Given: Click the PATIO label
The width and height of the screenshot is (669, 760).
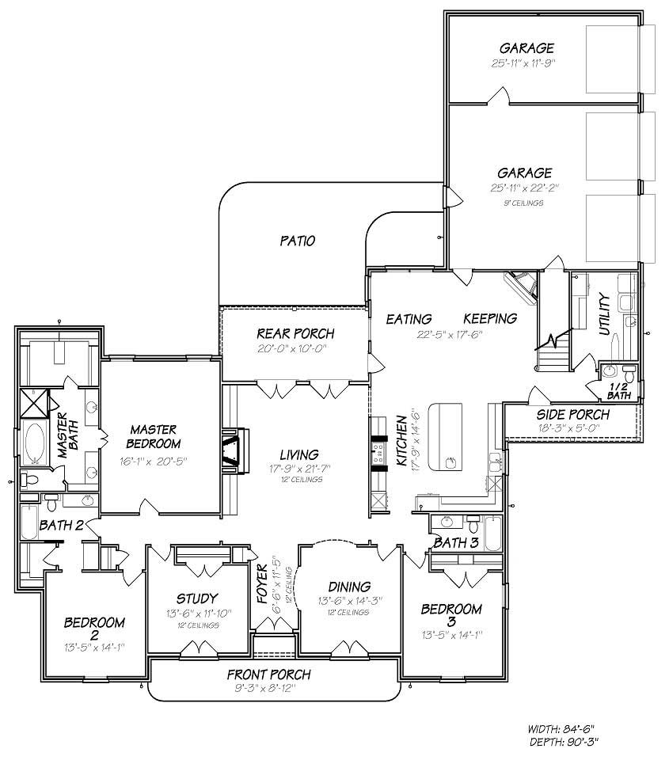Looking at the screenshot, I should pos(298,241).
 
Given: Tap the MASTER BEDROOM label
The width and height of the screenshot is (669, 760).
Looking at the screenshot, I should pos(154,436).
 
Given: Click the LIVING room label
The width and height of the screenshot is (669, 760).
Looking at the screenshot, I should pos(299,454).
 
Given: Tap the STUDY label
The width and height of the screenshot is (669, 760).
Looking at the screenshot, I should pos(198,598).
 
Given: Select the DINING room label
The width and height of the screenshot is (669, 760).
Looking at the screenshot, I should pos(349,587).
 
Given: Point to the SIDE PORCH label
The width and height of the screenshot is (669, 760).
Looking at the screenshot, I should pos(573,415).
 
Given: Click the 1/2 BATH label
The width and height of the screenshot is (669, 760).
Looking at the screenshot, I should pos(619,389).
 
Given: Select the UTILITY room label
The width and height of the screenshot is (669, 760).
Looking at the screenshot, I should pos(605,314).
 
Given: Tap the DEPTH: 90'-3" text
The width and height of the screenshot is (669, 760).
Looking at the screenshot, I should pos(563,743).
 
